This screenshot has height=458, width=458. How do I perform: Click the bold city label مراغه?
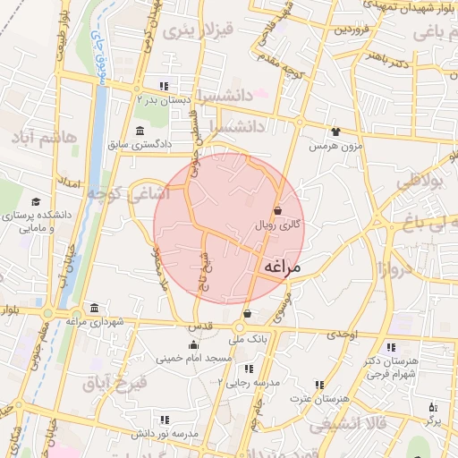(x=284, y=268)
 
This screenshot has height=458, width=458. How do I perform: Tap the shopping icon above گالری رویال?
(x=277, y=211)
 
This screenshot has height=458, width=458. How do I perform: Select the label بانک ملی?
(x=248, y=340)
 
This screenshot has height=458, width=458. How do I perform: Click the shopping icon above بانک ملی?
(x=248, y=314)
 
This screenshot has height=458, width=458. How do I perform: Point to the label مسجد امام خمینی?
(x=194, y=359)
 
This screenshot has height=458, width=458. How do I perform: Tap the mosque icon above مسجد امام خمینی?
(x=193, y=344)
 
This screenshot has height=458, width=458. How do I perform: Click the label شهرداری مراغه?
(x=94, y=321)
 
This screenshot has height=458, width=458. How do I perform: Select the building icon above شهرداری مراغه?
(x=94, y=307)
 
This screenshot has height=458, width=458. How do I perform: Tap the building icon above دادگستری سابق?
(x=141, y=131)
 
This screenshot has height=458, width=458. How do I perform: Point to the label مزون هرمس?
(x=335, y=146)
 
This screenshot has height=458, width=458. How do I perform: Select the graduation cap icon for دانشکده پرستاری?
(x=36, y=202)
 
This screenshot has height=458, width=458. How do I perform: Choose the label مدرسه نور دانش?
(x=165, y=434)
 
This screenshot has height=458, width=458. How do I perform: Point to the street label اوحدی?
(x=342, y=334)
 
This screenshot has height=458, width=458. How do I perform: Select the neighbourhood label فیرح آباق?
(x=111, y=384)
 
